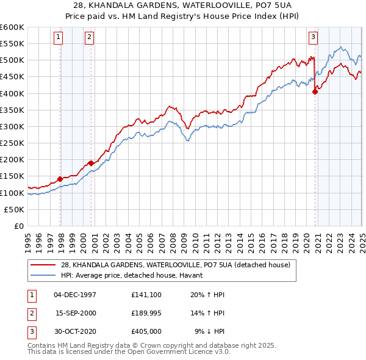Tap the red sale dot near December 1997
pos(60,179)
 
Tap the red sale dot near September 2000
pos(91,163)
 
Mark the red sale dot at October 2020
pos(315,92)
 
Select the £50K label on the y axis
pos(14,209)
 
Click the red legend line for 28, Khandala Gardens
pos(43,264)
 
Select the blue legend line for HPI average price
pos(43,275)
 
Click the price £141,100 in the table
pos(145,294)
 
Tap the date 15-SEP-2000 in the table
pos(76,313)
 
